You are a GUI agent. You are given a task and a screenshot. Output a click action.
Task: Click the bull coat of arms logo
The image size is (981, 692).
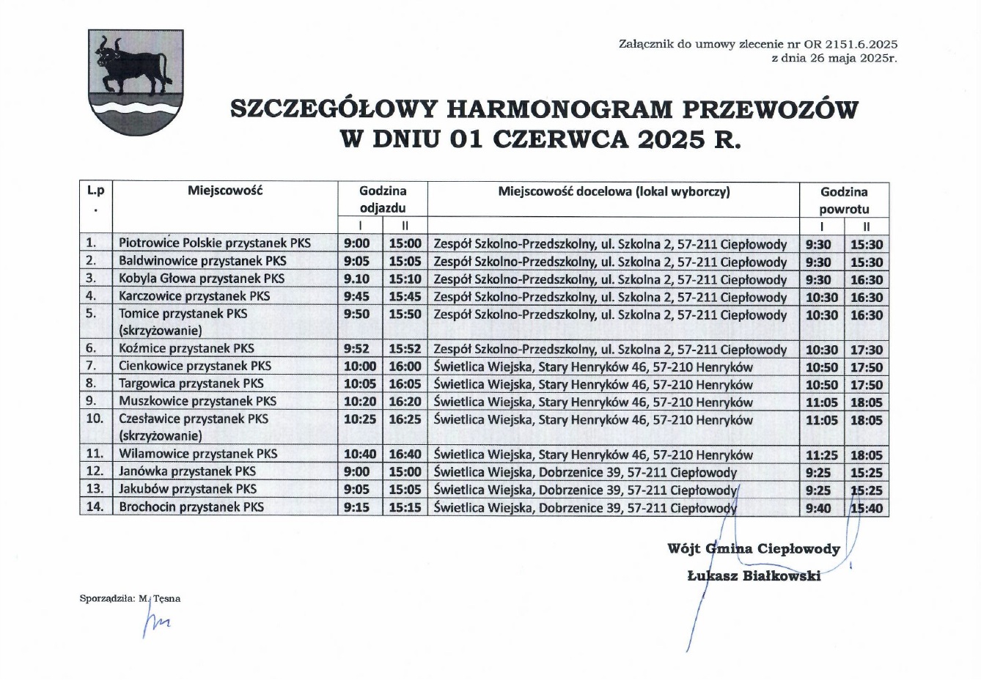[136, 82]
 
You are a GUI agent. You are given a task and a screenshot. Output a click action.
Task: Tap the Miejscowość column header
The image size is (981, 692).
[225, 191]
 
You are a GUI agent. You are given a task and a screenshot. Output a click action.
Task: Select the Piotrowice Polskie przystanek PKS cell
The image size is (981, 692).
[215, 243]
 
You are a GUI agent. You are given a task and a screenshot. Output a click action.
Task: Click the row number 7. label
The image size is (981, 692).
[92, 366]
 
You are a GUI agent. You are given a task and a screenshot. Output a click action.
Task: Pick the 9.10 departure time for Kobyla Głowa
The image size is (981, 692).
[357, 279]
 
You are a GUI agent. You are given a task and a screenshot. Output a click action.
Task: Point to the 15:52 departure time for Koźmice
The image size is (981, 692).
[405, 350]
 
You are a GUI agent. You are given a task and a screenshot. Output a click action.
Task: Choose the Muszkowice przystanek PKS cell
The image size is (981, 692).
[198, 401]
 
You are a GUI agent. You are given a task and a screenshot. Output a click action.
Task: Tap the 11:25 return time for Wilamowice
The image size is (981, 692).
[822, 455]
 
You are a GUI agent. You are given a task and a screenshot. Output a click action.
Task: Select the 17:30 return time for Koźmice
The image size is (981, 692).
[867, 350]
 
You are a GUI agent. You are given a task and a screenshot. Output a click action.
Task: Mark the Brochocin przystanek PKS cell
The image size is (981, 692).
[191, 507]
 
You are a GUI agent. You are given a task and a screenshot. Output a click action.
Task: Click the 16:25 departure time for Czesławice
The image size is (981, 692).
[405, 420]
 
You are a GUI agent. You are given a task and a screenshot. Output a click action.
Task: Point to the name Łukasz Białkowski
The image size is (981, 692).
[754, 576]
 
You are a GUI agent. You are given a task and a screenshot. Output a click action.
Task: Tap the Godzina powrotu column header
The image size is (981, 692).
[844, 200]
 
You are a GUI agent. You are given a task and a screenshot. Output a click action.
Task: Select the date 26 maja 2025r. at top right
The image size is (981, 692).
[834, 58]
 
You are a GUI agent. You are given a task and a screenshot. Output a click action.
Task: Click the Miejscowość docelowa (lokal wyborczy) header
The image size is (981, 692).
[614, 192]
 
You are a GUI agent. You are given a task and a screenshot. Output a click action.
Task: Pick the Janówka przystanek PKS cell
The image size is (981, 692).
[188, 471]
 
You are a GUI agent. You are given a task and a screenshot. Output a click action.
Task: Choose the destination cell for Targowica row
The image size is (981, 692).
[593, 385]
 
